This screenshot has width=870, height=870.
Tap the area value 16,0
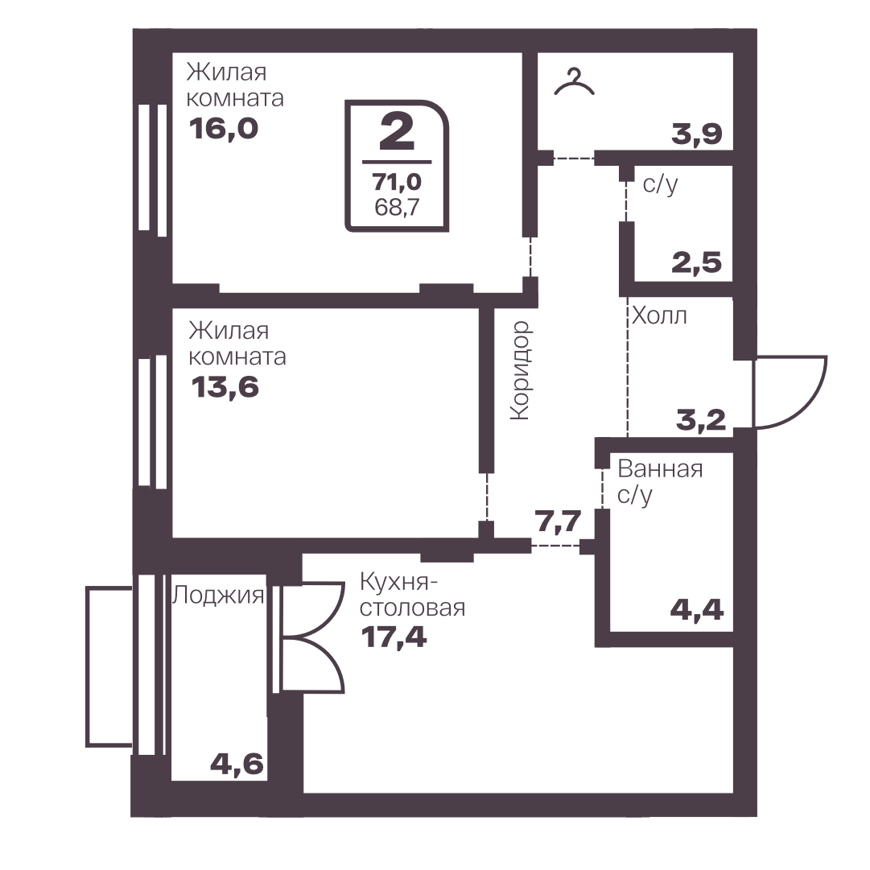click(224, 130)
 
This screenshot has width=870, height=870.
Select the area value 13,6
click(225, 387)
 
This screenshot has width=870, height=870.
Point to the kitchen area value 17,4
click(394, 637)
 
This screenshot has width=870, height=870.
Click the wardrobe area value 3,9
click(697, 134)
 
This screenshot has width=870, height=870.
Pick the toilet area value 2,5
click(697, 262)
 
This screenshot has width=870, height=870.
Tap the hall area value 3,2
click(701, 420)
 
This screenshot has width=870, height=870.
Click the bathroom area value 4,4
click(697, 610)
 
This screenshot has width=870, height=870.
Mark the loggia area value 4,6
click(237, 765)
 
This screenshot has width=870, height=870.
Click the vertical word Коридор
click(521, 370)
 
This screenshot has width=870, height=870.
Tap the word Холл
click(660, 316)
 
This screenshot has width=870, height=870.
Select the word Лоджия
click(218, 596)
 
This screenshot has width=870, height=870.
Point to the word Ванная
click(660, 469)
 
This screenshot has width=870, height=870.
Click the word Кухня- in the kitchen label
click(399, 582)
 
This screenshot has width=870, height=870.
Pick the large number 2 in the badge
click(398, 134)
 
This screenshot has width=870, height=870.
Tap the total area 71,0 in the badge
click(397, 181)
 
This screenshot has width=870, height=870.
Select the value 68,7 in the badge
click(397, 208)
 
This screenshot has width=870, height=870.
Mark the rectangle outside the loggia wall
click(109, 666)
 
